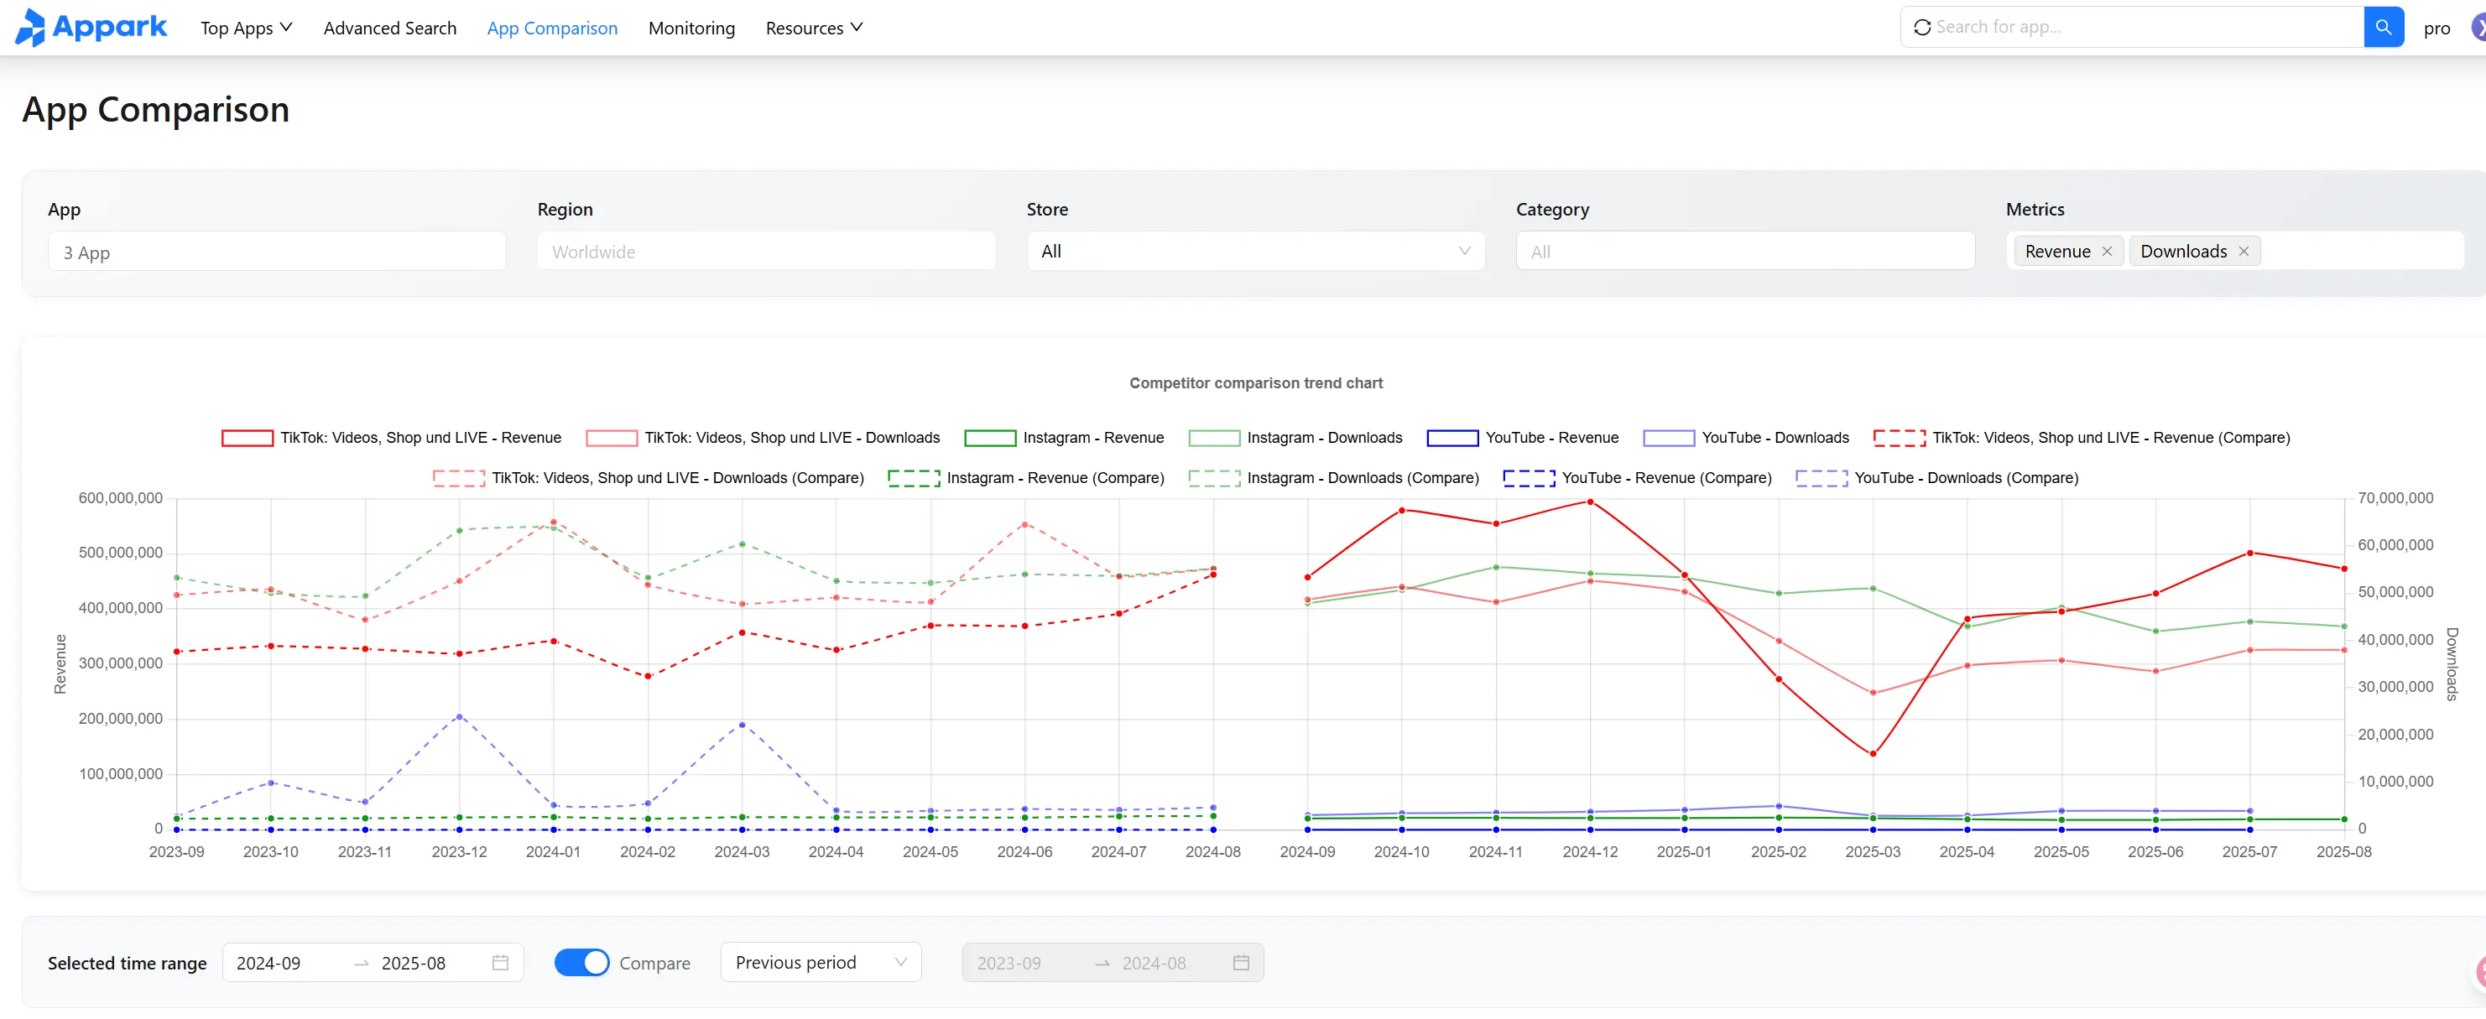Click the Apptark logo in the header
pos(91,27)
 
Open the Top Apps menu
pos(246,28)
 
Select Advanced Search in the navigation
pos(390,28)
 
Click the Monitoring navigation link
pos(691,28)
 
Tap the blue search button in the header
pos(2383,27)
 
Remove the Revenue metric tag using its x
pos(2107,252)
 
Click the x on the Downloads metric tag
pos(2244,252)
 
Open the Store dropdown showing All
pos(1254,251)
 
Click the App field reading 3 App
pos(276,252)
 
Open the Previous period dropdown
pos(821,962)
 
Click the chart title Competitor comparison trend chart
pos(1255,383)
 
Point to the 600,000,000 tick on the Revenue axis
pos(121,498)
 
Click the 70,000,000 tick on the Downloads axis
pos(2395,498)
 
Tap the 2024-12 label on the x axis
pos(1589,851)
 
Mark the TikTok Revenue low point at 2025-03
pos(1872,754)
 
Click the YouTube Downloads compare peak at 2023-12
pos(460,716)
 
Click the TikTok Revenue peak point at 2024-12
pos(1589,502)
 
